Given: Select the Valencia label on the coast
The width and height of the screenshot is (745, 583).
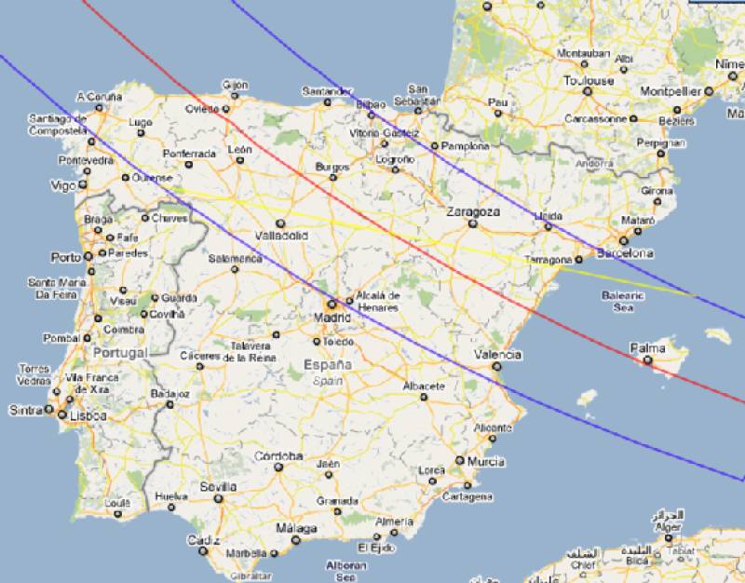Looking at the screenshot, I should (x=497, y=355).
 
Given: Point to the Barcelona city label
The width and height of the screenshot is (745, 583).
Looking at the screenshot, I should (x=625, y=253).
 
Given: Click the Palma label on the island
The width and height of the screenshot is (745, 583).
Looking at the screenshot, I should (x=647, y=348).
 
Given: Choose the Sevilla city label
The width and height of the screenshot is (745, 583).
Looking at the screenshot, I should (x=218, y=487).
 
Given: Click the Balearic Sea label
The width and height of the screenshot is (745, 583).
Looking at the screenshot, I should (x=623, y=301).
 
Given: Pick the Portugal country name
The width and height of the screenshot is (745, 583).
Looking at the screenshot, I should (x=120, y=353).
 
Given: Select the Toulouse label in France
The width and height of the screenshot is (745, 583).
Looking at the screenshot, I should (x=588, y=81).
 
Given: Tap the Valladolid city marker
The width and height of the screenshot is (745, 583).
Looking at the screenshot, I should (x=280, y=224).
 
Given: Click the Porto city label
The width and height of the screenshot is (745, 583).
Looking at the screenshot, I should (x=66, y=257).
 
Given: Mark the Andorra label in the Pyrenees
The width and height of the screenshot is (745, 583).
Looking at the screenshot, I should (x=595, y=164).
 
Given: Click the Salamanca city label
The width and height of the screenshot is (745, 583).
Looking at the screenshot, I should (x=235, y=258).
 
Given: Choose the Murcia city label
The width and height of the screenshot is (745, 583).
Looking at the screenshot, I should (x=486, y=462).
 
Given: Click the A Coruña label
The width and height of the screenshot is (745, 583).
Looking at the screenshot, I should (x=99, y=96).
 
